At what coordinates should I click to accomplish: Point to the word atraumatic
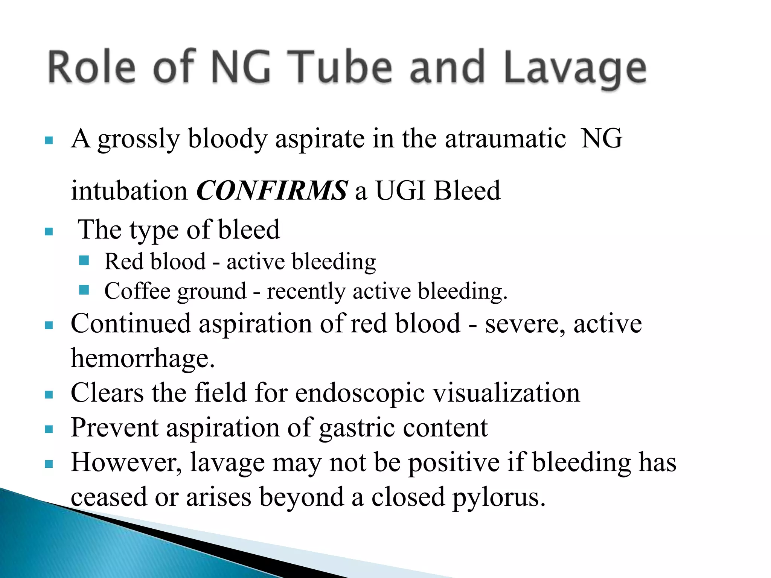click(x=505, y=138)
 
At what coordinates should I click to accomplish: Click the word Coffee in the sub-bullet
click(x=137, y=291)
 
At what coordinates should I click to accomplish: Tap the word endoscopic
click(x=360, y=393)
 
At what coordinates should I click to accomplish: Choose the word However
click(x=126, y=462)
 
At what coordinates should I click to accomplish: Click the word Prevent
click(x=114, y=428)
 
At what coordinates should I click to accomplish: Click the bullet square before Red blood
click(x=84, y=260)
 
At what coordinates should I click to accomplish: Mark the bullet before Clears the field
click(x=49, y=394)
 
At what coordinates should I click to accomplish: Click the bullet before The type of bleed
click(x=49, y=231)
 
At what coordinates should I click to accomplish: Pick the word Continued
click(x=131, y=324)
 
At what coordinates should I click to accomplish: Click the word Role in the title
click(x=91, y=68)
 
